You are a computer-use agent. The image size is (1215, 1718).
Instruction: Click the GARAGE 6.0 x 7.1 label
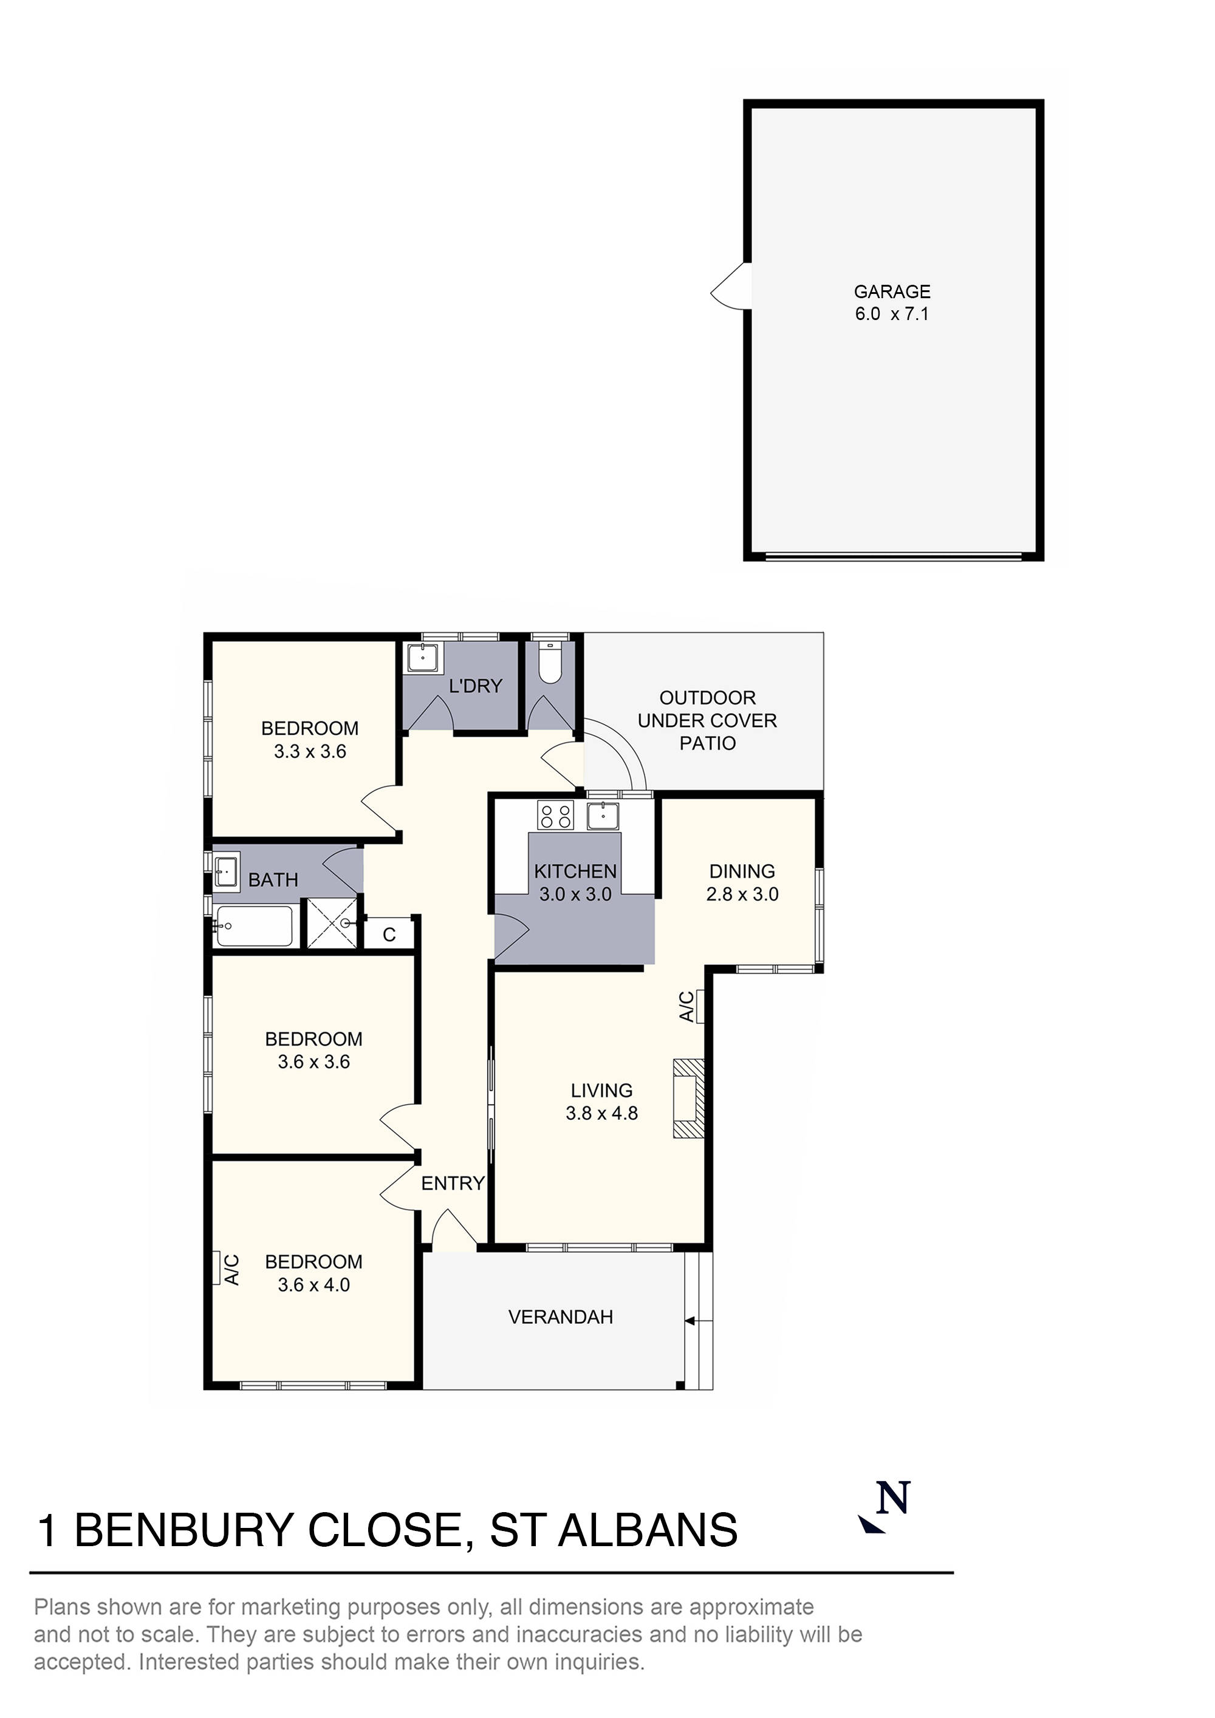(892, 302)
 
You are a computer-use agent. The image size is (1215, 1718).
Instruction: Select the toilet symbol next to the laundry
(550, 663)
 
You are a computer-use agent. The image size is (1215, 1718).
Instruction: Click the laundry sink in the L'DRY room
(423, 658)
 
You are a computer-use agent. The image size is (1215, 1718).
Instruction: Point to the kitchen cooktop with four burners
(555, 815)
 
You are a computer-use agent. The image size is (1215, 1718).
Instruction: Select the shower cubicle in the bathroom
(332, 924)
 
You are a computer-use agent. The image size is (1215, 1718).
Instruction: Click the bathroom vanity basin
(225, 871)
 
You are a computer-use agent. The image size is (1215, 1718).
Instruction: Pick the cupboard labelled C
(389, 935)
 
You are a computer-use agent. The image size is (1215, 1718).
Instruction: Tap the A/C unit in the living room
(700, 1006)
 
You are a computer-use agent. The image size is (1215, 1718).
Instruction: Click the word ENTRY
(452, 1183)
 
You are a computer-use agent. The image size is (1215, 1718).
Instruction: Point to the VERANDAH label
(560, 1317)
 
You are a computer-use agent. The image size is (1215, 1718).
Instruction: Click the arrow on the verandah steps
(690, 1321)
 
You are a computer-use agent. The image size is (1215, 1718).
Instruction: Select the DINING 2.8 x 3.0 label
(742, 882)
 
